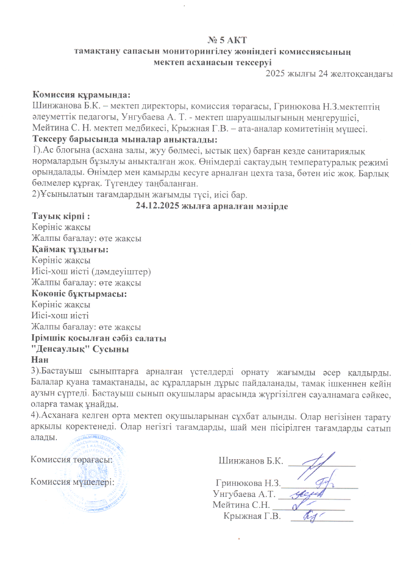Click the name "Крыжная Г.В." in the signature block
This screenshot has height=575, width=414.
coord(252,517)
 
